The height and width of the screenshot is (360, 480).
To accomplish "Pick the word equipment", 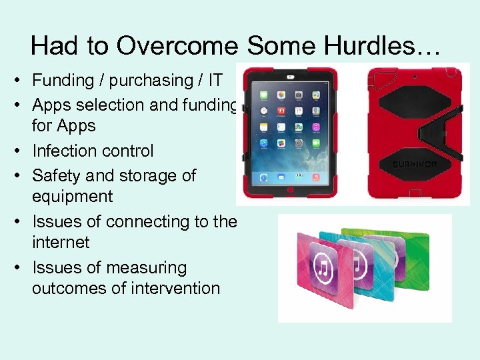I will click(x=73, y=197).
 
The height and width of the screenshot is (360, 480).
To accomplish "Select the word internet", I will click(x=61, y=242).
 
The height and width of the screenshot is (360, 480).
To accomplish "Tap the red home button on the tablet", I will click(x=290, y=192).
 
